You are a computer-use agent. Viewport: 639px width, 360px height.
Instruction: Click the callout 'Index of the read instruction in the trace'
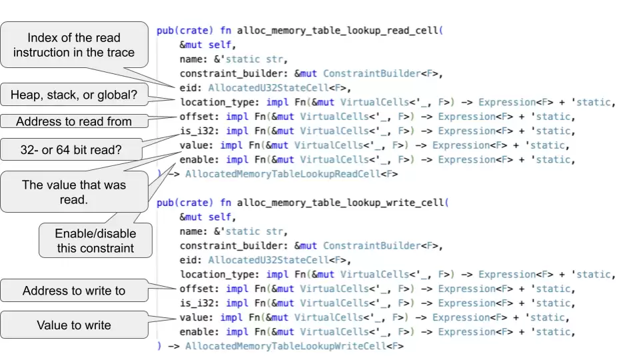pyautogui.click(x=73, y=45)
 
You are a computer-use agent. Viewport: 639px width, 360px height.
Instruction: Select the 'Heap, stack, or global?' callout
pyautogui.click(x=73, y=96)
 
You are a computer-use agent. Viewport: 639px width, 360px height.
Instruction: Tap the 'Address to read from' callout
pyautogui.click(x=73, y=121)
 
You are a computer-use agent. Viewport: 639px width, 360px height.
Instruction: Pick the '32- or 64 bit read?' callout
pyautogui.click(x=71, y=151)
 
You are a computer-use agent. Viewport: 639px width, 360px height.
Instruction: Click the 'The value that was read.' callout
pyautogui.click(x=73, y=191)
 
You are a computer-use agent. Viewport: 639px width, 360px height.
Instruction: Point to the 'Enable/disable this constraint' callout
pyautogui.click(x=95, y=241)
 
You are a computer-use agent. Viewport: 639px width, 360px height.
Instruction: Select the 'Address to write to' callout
pyautogui.click(x=73, y=291)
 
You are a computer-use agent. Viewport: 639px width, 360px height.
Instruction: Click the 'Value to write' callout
pyautogui.click(x=73, y=325)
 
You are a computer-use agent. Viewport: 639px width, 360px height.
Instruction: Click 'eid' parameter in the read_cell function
pyautogui.click(x=188, y=88)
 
